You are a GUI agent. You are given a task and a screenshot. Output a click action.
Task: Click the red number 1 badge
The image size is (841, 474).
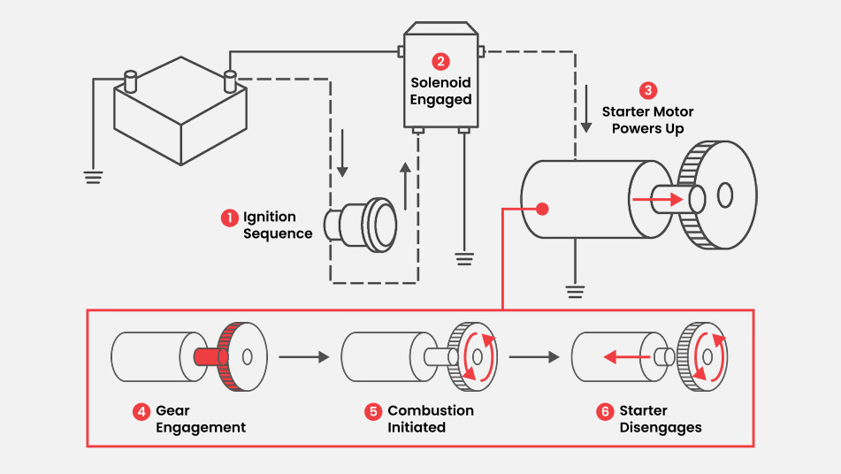click(x=230, y=217)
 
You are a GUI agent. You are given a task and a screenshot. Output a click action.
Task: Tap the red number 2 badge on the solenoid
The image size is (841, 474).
click(x=440, y=62)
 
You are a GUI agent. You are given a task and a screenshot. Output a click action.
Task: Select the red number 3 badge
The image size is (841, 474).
click(x=648, y=90)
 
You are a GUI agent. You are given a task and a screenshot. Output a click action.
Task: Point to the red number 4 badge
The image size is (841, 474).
click(x=141, y=411)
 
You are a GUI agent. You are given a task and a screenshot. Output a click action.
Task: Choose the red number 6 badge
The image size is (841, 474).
click(x=605, y=411)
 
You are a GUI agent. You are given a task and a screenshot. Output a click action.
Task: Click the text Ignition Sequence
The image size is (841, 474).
click(x=278, y=226)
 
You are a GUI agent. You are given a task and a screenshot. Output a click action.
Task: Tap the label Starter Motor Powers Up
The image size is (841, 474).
click(x=648, y=120)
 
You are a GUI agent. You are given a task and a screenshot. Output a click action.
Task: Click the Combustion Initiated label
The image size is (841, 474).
click(x=431, y=419)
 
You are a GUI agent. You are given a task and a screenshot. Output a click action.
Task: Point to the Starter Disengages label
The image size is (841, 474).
click(x=661, y=419)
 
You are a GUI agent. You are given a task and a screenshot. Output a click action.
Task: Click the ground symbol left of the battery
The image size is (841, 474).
click(x=92, y=174)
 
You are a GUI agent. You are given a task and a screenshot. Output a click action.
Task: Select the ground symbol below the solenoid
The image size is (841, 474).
click(x=464, y=258)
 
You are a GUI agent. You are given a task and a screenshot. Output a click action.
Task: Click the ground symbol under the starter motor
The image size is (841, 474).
click(x=576, y=290)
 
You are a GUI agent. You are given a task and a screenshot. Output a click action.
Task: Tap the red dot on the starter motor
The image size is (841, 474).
click(x=543, y=210)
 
